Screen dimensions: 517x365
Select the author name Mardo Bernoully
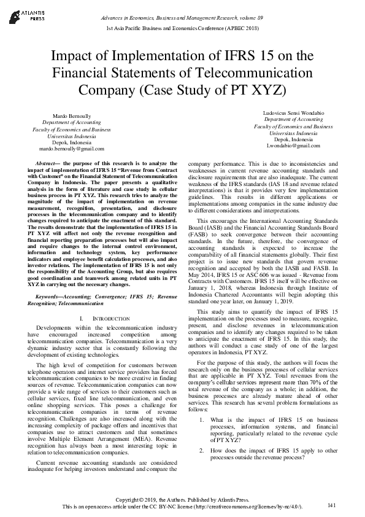tap(72, 116)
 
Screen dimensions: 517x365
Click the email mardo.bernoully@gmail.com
tap(72, 149)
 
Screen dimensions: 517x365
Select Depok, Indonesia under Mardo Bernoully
tap(72, 142)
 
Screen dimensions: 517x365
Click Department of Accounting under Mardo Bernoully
tap(72, 123)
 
